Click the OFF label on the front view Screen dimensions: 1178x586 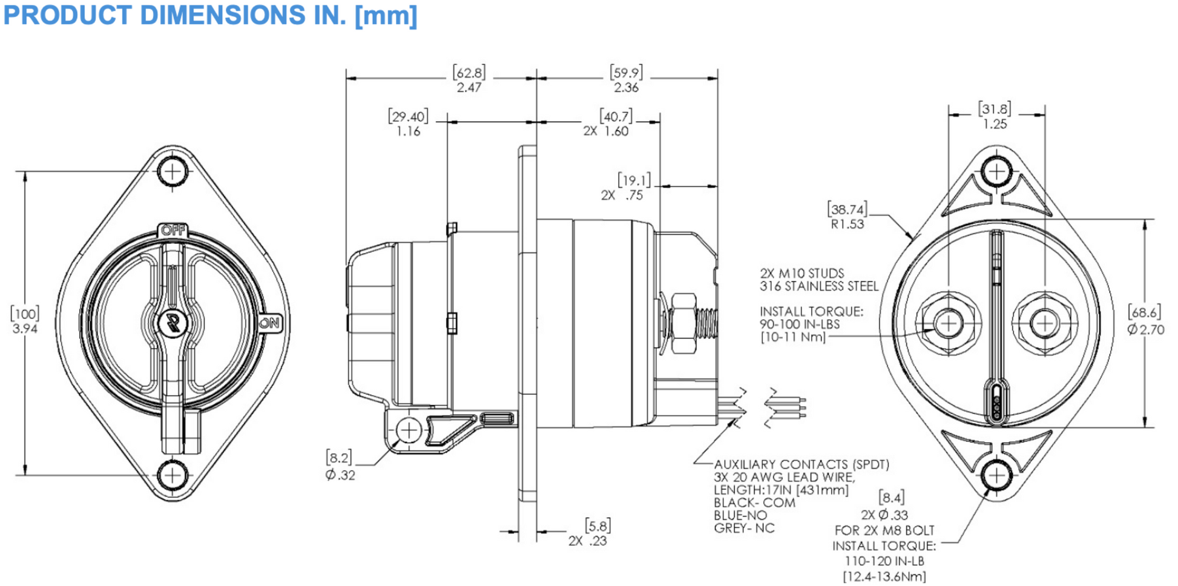tap(173, 231)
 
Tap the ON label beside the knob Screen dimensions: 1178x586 tap(270, 323)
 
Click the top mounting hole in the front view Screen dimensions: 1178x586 tap(173, 171)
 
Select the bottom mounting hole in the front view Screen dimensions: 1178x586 tap(173, 475)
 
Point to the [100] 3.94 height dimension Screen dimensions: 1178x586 tap(25, 321)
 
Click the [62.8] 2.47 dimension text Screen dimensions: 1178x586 tap(469, 80)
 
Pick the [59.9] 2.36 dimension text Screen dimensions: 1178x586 tap(626, 80)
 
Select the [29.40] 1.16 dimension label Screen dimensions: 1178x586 tap(408, 123)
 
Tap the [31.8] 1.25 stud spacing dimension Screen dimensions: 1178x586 tap(995, 116)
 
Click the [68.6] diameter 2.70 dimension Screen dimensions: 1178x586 tap(1145, 321)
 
